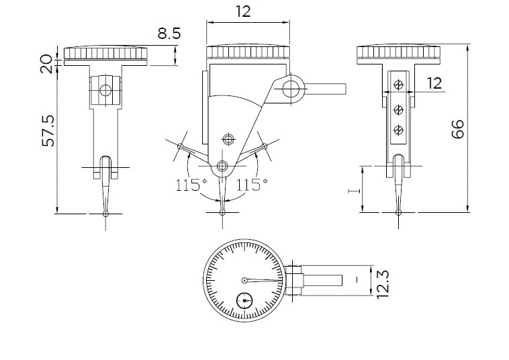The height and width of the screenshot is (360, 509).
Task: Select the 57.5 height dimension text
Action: pyautogui.click(x=49, y=129)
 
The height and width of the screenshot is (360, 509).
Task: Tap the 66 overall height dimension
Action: pyautogui.click(x=458, y=128)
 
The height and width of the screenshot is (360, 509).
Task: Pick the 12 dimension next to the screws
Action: pyautogui.click(x=434, y=83)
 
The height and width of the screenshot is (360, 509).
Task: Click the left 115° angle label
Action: pyautogui.click(x=190, y=185)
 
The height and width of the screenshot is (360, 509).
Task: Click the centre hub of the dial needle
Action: pyautogui.click(x=244, y=280)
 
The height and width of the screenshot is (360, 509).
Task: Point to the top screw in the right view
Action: pyautogui.click(x=399, y=84)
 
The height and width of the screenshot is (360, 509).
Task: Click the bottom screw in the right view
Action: pyautogui.click(x=399, y=129)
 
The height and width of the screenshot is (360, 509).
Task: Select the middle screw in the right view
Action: pyautogui.click(x=399, y=107)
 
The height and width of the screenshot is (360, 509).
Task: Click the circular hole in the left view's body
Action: pyautogui.click(x=105, y=90)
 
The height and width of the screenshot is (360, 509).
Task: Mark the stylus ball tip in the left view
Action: pyautogui.click(x=105, y=214)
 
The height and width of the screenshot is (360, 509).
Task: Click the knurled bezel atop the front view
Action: pyautogui.click(x=248, y=52)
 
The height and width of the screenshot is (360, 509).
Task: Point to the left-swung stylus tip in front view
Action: pyautogui.click(x=181, y=146)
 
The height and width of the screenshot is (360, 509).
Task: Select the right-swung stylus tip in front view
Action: pyautogui.click(x=265, y=146)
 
